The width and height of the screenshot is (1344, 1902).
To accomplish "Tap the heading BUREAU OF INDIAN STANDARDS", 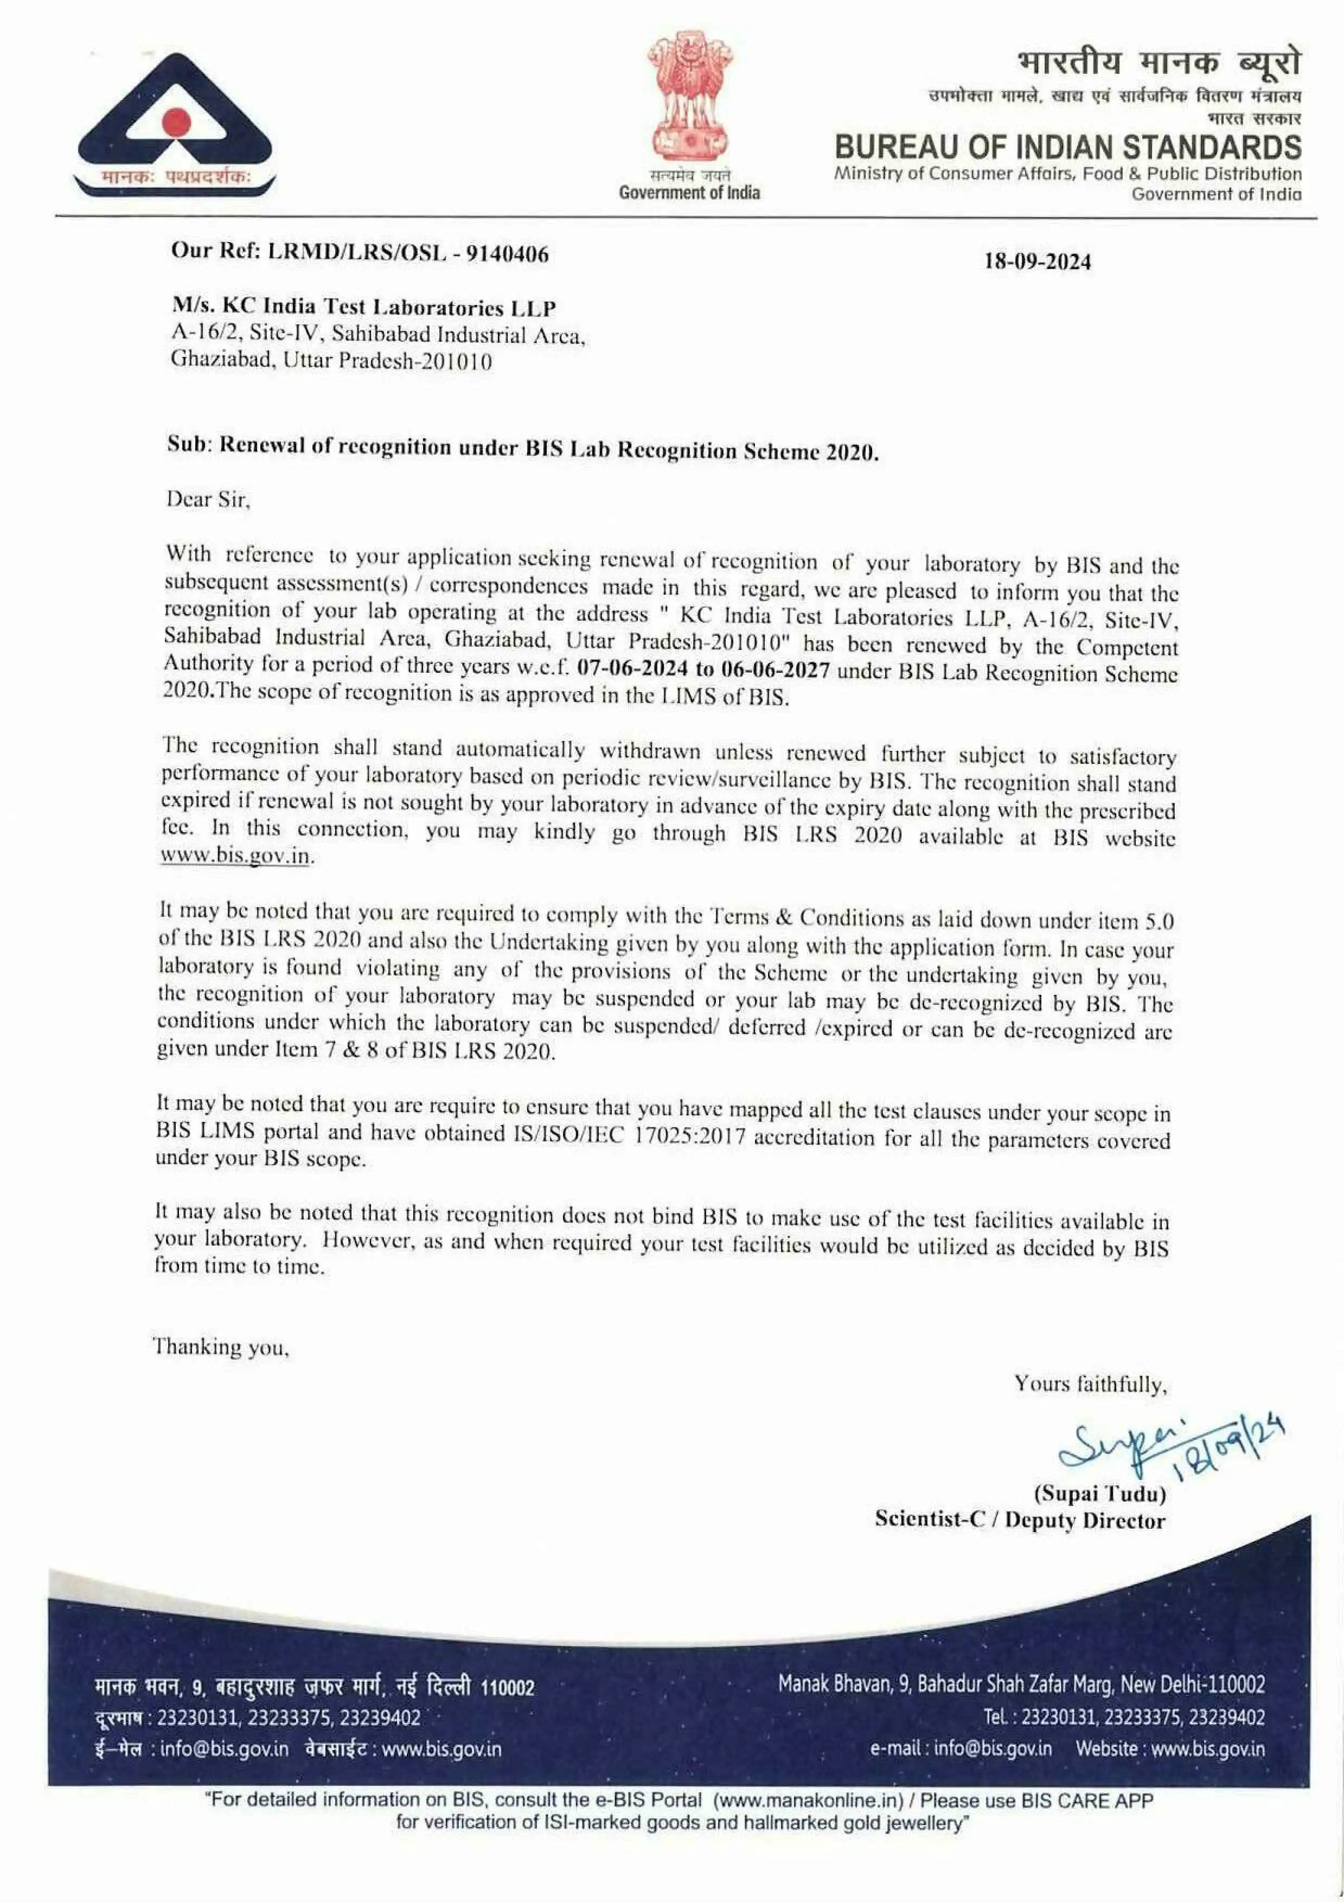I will (1067, 148).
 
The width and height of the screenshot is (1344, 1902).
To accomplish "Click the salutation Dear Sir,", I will (208, 500).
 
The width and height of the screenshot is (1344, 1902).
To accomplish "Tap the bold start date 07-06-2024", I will (632, 668).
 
